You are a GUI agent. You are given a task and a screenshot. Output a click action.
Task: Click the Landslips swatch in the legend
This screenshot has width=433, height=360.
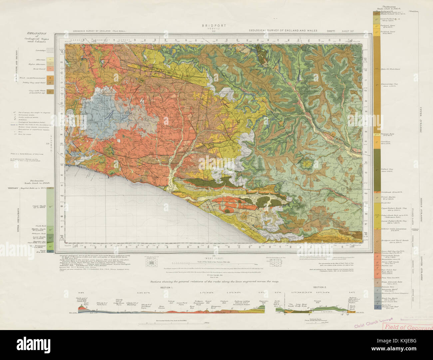[50, 51]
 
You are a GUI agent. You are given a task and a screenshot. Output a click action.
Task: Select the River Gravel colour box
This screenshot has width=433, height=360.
[50, 69]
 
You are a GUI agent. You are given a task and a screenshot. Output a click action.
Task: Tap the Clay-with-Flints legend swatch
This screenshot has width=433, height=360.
[50, 91]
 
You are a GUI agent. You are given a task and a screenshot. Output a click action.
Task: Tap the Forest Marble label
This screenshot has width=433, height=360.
[386, 197]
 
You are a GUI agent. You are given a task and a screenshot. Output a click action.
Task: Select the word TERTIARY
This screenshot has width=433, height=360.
[12, 188]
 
